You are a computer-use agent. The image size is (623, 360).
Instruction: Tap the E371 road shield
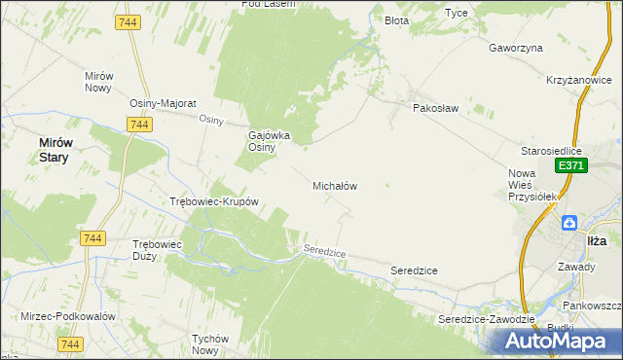coord(569,167)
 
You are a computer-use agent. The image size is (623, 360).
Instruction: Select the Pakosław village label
coord(434,109)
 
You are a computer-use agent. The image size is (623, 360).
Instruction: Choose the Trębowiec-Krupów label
coord(213,202)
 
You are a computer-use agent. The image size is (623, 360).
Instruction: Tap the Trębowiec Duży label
coord(157,250)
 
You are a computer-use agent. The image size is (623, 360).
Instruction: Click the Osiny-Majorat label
coord(164,103)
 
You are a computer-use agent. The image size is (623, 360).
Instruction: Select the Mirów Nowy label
coord(100,82)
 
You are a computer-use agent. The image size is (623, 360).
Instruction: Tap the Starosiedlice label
coord(550,152)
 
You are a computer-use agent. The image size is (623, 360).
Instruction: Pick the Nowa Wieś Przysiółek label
coord(531,185)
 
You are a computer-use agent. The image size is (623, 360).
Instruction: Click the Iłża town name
coord(597,239)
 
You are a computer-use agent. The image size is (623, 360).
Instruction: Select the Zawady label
coord(575,265)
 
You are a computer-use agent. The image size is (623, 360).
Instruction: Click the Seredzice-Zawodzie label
coord(486,319)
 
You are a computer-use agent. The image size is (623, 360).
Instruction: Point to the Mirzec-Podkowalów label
coord(68,317)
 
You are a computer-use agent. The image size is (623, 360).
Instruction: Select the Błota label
coord(396,19)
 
